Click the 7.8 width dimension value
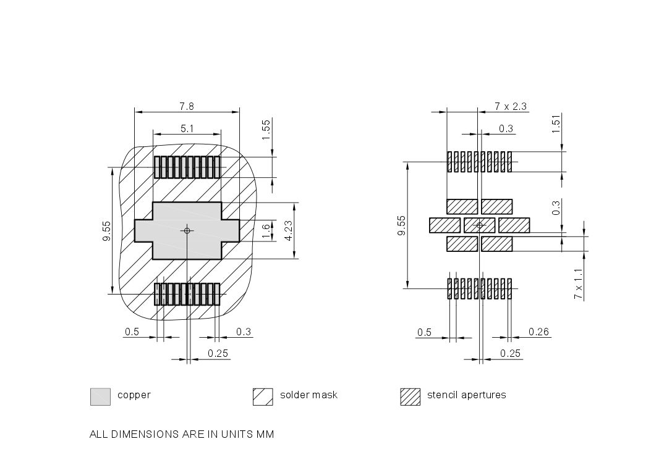187,106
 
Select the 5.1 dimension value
187,128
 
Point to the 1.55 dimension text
266,129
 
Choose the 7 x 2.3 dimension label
511,106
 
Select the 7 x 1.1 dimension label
578,283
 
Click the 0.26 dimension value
538,332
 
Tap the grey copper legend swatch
100,396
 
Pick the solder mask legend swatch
263,396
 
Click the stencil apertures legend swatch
410,396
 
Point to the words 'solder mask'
308,395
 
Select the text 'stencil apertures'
466,395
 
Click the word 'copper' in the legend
134,395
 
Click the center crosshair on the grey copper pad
187,230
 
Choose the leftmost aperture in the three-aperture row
445,225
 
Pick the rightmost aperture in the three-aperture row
514,225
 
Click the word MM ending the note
266,434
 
